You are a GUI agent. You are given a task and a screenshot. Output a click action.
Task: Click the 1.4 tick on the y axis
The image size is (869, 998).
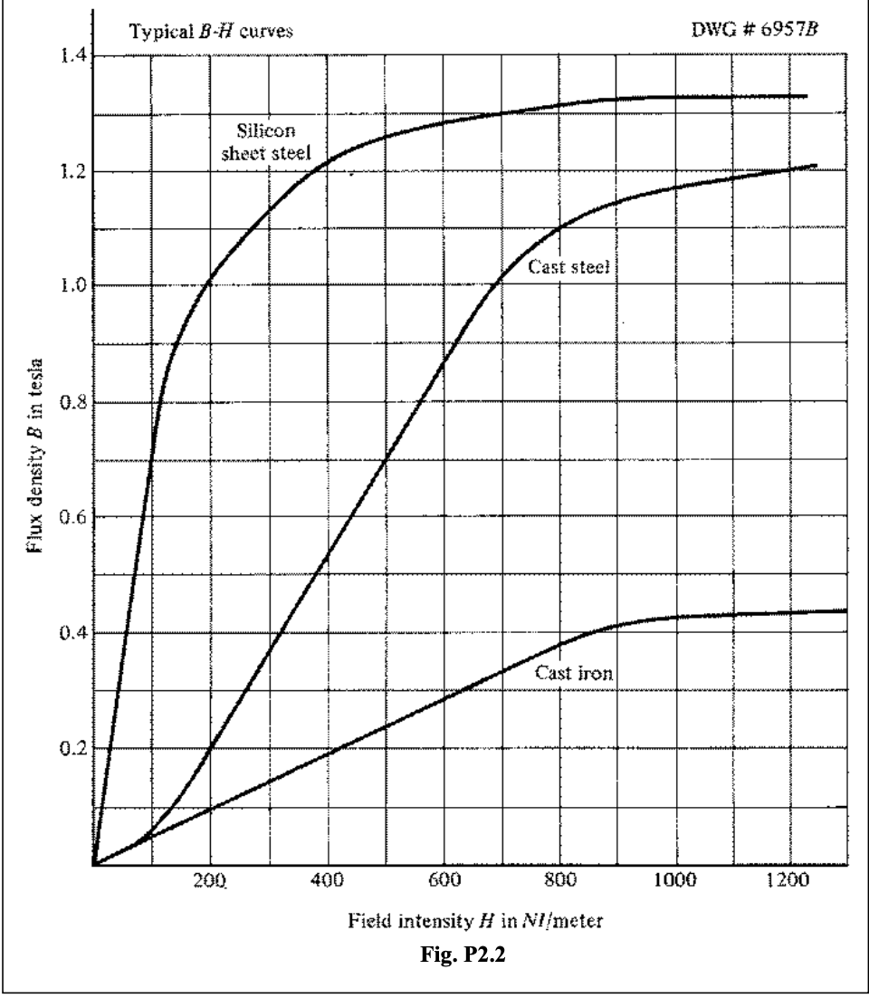tap(69, 56)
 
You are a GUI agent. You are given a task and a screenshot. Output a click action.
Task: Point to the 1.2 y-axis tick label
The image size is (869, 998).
tap(69, 171)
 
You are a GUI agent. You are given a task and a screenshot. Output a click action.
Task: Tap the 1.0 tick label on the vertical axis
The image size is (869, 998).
tap(69, 286)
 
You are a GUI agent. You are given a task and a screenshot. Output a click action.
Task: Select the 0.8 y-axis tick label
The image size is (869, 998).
tap(69, 402)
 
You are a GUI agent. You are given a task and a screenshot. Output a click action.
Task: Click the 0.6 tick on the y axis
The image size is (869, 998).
tap(69, 517)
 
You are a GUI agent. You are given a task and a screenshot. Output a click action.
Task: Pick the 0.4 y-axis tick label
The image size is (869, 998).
tap(69, 633)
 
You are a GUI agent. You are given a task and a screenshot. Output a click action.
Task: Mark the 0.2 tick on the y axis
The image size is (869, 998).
tap(69, 749)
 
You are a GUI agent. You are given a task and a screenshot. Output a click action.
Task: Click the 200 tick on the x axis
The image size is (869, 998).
tap(211, 886)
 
